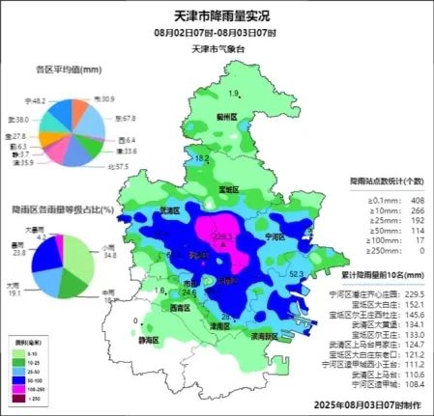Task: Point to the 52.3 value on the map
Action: [298, 276]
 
